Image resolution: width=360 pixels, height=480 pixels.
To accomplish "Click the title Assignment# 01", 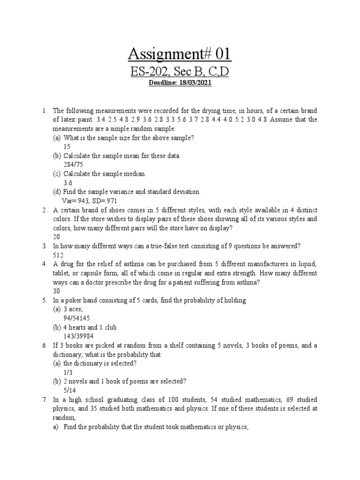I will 180,54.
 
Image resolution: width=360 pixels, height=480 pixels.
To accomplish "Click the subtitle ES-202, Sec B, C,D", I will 180,72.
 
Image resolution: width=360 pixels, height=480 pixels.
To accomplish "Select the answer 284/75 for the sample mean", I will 73,165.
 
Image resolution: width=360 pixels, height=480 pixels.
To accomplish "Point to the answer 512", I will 58,255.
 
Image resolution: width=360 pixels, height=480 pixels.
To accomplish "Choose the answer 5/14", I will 69,390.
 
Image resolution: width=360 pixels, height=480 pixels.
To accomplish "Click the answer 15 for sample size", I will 67,147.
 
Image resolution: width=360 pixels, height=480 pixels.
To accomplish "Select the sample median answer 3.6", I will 68,183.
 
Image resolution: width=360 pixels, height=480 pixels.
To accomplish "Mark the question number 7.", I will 44,399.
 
